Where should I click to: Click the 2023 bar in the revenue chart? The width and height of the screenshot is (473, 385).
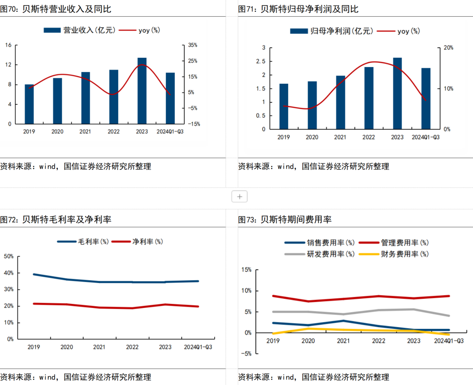click(x=142, y=91)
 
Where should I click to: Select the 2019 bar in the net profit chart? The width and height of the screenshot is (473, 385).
click(x=284, y=106)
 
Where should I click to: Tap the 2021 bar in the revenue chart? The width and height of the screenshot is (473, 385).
click(x=85, y=98)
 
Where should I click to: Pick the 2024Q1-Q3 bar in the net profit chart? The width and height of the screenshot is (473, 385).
click(x=426, y=99)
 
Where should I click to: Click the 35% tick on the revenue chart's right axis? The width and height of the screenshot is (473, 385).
click(x=193, y=45)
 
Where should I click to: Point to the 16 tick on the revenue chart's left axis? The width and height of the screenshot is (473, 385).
click(x=8, y=45)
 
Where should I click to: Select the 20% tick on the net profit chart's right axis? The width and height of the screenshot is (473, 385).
click(x=449, y=48)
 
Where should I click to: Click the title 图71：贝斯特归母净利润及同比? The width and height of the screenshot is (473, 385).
click(x=298, y=9)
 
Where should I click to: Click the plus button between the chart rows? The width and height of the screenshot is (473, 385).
click(x=240, y=197)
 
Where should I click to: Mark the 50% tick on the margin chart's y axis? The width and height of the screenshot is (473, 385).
click(x=9, y=256)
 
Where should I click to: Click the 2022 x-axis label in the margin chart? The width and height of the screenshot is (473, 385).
click(x=132, y=347)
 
